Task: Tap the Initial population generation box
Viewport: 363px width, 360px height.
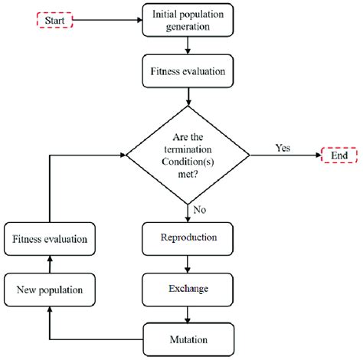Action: pos(188,20)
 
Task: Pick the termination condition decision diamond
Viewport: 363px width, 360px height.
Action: pos(188,155)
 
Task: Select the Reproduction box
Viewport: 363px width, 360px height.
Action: pos(188,239)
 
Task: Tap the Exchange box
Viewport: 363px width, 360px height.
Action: pos(188,290)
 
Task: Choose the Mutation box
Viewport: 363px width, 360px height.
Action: pos(188,338)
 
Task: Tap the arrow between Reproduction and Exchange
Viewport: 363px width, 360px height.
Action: pos(188,264)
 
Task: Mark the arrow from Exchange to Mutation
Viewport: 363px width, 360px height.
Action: pos(188,314)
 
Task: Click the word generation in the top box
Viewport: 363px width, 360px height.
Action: pos(188,27)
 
